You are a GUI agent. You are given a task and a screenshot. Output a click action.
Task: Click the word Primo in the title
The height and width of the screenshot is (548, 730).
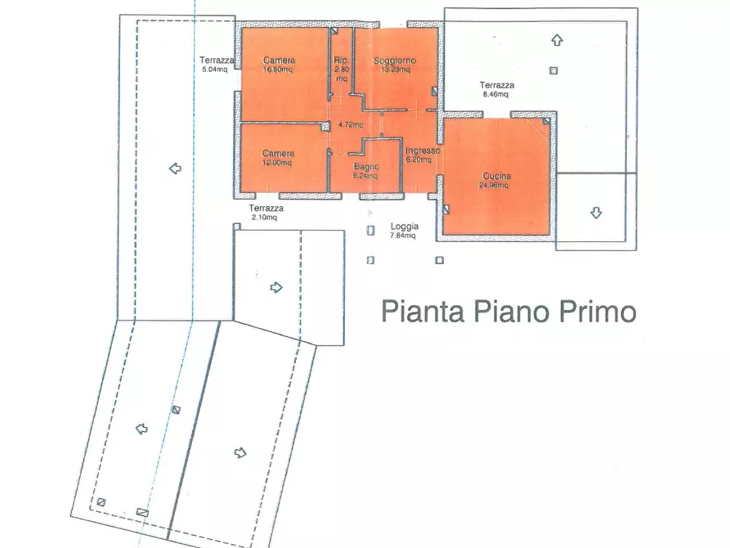tap(597, 312)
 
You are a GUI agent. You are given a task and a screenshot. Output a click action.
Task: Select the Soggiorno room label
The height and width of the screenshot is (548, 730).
tap(395, 61)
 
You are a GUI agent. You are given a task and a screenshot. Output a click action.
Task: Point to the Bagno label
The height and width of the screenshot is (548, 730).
tap(365, 167)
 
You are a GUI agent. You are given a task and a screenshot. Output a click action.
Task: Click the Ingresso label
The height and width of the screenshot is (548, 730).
tap(423, 151)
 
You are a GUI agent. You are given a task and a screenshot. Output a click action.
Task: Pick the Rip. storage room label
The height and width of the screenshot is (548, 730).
tap(342, 61)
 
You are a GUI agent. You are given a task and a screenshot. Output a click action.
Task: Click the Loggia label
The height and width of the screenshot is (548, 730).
tap(404, 227)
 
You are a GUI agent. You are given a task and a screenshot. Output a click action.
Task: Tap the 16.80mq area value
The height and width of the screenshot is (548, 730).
tap(279, 70)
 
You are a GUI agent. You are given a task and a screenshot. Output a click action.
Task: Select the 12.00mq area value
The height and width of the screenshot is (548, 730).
tap(278, 163)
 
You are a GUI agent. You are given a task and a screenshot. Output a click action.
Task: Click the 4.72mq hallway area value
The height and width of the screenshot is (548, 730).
tap(350, 125)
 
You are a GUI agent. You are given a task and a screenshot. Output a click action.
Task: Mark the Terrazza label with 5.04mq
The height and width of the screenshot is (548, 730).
tap(217, 61)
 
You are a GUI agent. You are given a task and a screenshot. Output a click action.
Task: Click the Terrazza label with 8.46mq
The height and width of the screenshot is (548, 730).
tap(497, 85)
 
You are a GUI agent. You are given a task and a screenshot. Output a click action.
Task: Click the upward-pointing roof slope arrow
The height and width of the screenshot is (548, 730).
tap(557, 39)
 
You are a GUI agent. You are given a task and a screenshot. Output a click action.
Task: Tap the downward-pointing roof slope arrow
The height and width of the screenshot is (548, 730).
tap(596, 213)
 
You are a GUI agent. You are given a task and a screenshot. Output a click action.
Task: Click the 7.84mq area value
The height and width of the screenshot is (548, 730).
tap(403, 236)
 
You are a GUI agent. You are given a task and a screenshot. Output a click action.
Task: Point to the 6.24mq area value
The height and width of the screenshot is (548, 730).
tap(365, 175)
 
